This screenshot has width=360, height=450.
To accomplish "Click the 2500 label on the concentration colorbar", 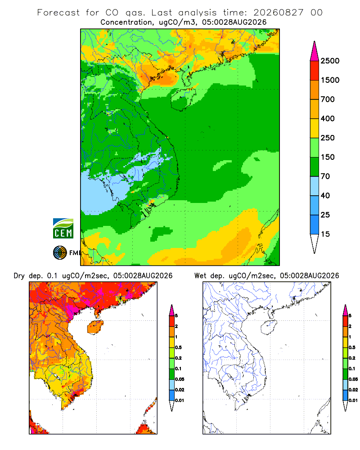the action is click(x=330, y=61).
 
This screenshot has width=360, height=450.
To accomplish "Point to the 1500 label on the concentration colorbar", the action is click(x=330, y=80).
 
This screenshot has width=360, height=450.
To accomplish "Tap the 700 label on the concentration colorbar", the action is click(x=328, y=99).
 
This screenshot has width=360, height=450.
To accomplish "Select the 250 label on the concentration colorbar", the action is click(x=328, y=138).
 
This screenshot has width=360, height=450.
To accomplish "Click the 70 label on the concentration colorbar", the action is click(x=325, y=176).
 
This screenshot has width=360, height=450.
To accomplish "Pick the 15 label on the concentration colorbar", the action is click(x=325, y=234).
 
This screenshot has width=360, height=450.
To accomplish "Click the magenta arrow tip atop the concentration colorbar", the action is click(x=315, y=51).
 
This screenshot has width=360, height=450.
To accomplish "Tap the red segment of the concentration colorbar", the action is click(x=315, y=71).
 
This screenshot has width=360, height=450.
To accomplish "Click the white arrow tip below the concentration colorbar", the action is click(x=315, y=243).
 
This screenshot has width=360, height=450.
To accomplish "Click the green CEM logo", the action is click(x=63, y=229).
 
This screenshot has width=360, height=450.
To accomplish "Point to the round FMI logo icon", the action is click(x=60, y=253).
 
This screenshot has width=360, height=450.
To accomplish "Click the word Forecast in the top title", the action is click(x=58, y=13).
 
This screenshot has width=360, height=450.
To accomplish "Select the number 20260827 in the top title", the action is click(x=278, y=13).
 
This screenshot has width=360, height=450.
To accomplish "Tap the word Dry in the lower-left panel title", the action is click(x=19, y=276).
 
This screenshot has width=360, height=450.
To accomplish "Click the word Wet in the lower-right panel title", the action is click(x=200, y=276).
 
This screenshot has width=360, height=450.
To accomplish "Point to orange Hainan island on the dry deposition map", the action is click(x=95, y=327).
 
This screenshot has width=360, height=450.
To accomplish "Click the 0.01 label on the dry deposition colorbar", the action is click(x=180, y=400).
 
